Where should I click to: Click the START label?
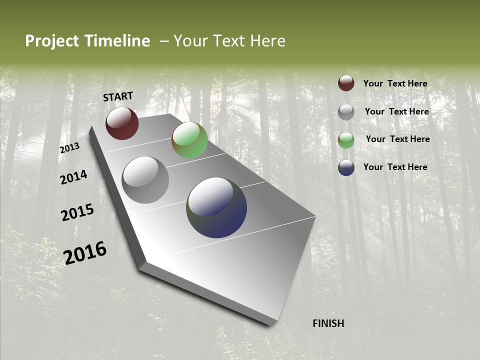118,96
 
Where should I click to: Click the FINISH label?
328,323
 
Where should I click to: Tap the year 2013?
69,148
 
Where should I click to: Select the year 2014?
73,177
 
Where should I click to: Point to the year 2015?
77,212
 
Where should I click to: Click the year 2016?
85,253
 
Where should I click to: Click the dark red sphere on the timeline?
122,123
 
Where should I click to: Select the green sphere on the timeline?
189,140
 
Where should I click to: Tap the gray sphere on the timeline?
145,180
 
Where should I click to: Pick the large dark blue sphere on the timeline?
216,207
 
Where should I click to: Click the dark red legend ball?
346,83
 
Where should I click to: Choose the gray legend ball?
346,111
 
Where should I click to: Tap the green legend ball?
346,140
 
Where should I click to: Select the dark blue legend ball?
346,167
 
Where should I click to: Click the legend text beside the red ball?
395,83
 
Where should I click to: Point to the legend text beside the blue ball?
395,167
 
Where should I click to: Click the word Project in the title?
52,41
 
